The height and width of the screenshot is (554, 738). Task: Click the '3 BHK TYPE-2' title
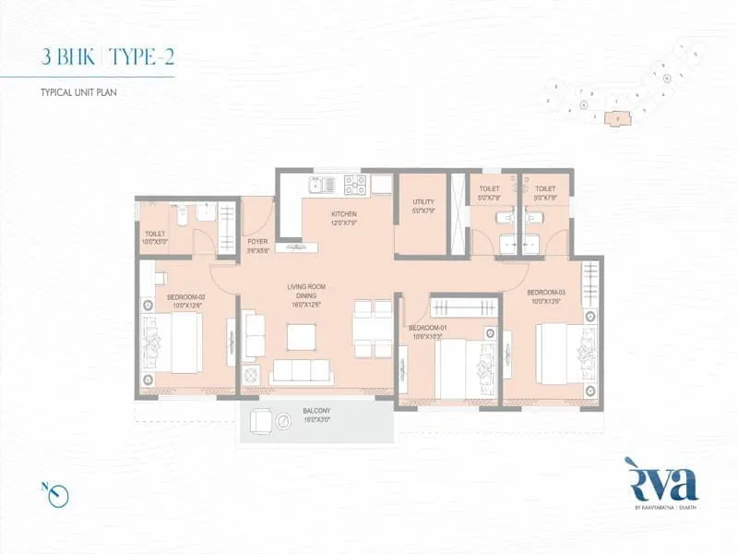click(x=108, y=56)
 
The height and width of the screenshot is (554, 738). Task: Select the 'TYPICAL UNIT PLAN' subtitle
click(x=79, y=93)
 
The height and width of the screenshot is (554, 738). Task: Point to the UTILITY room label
click(x=423, y=206)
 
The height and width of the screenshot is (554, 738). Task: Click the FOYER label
click(x=257, y=246)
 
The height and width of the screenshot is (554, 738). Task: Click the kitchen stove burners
click(x=356, y=185)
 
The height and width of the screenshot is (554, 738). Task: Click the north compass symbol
click(x=61, y=496)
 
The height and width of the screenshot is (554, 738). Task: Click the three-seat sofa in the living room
click(x=301, y=371)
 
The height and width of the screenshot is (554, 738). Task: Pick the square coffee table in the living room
click(x=302, y=337)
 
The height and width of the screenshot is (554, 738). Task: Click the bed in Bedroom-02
click(x=175, y=342)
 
